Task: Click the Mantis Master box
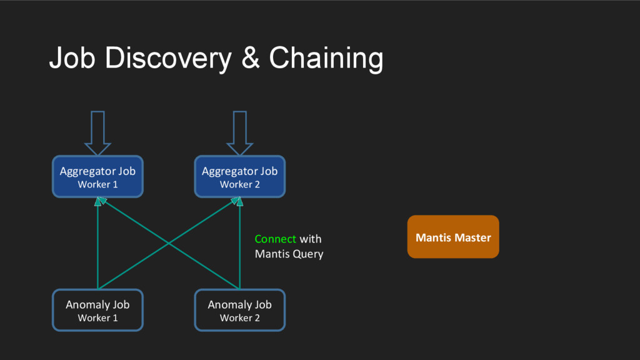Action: pos(453,237)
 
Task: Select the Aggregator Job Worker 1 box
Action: pos(97,176)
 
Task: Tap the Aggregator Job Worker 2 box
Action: pos(239,176)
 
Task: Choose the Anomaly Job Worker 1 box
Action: pos(97,310)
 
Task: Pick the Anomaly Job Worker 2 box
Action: pos(239,310)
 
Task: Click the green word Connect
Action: pos(275,239)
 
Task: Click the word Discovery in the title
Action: pos(168,58)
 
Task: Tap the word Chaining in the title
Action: pos(326,58)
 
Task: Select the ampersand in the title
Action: pos(250,58)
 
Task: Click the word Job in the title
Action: pos(72,57)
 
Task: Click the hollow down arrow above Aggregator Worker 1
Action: pos(97,133)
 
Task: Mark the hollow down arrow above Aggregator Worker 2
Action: pos(239,133)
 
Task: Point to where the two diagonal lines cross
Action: pos(169,244)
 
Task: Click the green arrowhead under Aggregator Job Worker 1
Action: pos(100,201)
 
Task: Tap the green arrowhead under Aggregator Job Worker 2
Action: pos(237,201)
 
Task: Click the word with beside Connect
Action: pos(311,239)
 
